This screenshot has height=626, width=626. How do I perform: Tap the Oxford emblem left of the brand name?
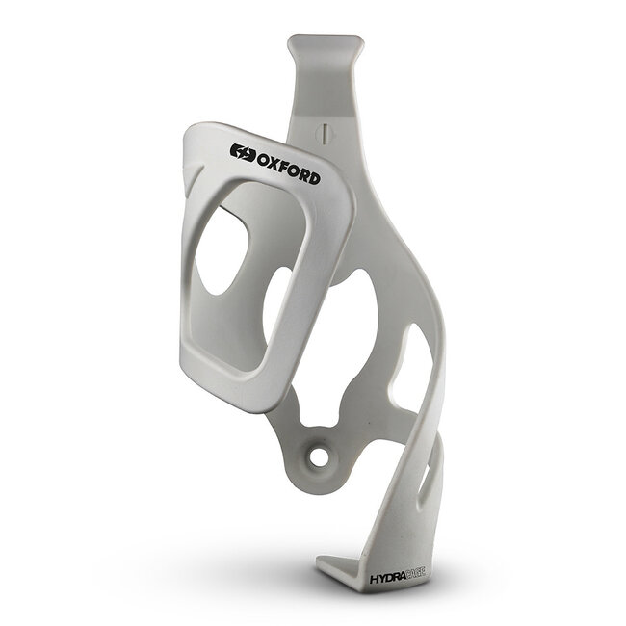click(240, 151)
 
